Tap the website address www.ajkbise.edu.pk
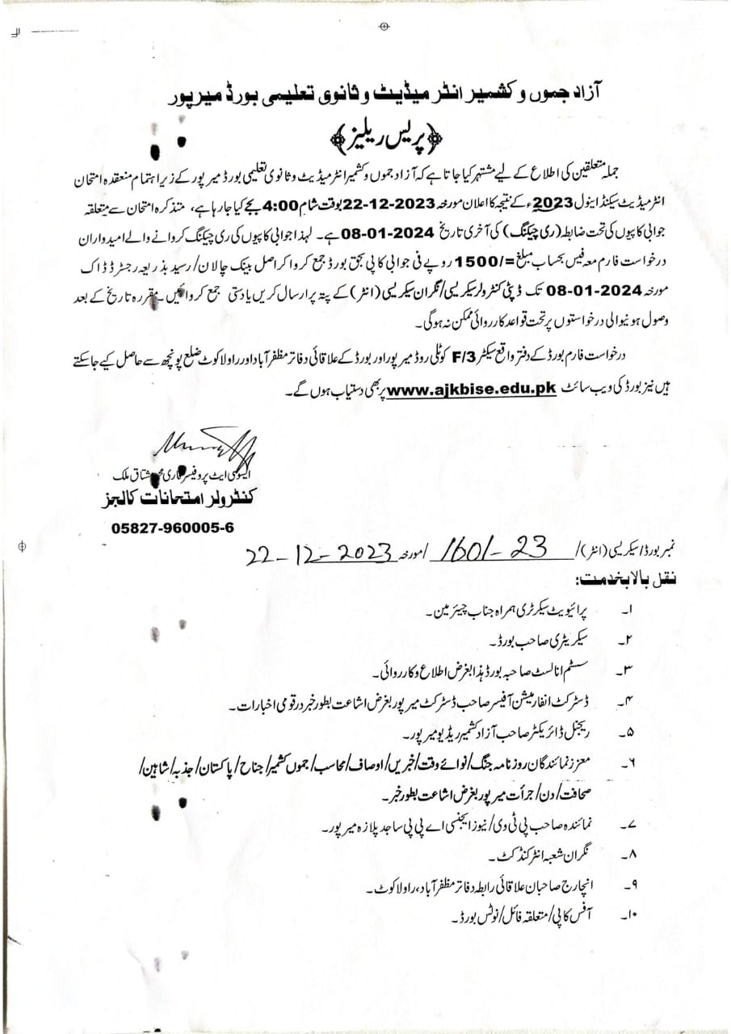point(473,389)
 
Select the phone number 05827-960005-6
point(173,527)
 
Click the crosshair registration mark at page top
point(384,27)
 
